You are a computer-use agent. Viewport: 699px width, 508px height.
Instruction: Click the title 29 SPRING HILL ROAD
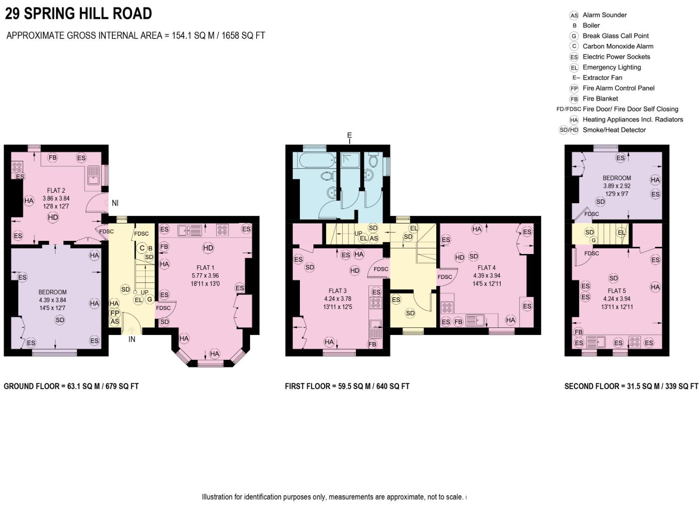(x=78, y=14)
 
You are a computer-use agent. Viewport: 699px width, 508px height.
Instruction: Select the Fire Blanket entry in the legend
(x=600, y=99)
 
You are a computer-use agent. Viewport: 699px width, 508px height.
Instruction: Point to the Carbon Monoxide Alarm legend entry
(x=617, y=46)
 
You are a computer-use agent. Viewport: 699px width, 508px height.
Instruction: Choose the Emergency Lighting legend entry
(x=611, y=67)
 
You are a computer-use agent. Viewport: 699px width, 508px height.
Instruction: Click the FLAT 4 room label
(x=487, y=268)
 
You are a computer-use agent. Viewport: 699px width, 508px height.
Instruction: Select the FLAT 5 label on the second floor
(x=616, y=291)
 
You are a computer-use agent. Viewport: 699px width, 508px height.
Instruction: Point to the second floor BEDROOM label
(x=616, y=178)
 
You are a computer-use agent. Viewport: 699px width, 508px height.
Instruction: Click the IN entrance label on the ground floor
(x=132, y=339)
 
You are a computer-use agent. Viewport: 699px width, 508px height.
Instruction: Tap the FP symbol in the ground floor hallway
(x=115, y=313)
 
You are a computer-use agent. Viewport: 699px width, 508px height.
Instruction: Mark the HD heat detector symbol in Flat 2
(x=53, y=217)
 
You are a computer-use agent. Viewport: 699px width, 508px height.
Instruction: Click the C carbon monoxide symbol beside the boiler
(x=142, y=248)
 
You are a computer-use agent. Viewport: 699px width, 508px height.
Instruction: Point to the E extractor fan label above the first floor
(x=349, y=135)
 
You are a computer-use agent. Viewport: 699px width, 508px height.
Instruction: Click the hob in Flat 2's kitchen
(x=17, y=166)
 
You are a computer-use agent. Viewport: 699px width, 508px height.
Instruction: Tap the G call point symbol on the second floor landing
(x=594, y=240)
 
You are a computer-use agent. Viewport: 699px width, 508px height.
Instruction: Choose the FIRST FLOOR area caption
(x=347, y=386)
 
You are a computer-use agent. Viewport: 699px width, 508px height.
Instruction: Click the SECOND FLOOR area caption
(x=631, y=386)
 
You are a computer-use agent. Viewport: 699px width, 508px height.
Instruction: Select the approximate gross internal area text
(x=136, y=36)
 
